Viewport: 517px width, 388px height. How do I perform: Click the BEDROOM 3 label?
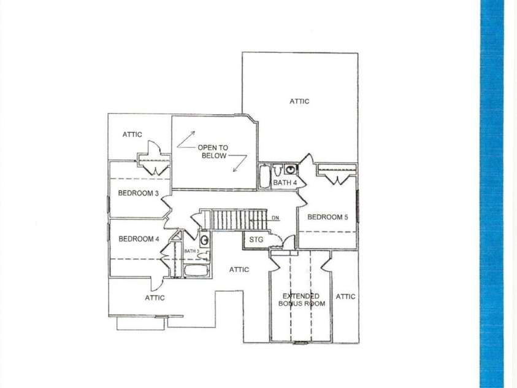139,193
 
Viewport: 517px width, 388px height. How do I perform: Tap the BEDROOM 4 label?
139,239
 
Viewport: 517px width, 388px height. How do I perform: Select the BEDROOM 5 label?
327,217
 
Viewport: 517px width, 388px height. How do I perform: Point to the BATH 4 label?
285,183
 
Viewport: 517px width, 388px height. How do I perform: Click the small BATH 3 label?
191,251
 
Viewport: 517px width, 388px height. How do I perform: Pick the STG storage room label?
256,239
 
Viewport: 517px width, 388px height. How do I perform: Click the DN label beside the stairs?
275,218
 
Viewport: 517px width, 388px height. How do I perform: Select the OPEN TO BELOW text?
212,152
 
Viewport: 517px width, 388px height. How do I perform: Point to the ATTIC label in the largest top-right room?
299,101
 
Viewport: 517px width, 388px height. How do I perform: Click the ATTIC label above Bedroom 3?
132,134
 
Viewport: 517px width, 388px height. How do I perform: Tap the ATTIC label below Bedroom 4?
155,298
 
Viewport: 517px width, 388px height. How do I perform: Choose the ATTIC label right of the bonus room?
345,297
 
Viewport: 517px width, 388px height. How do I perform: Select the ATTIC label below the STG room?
239,270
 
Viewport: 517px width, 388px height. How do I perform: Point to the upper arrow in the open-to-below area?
186,139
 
